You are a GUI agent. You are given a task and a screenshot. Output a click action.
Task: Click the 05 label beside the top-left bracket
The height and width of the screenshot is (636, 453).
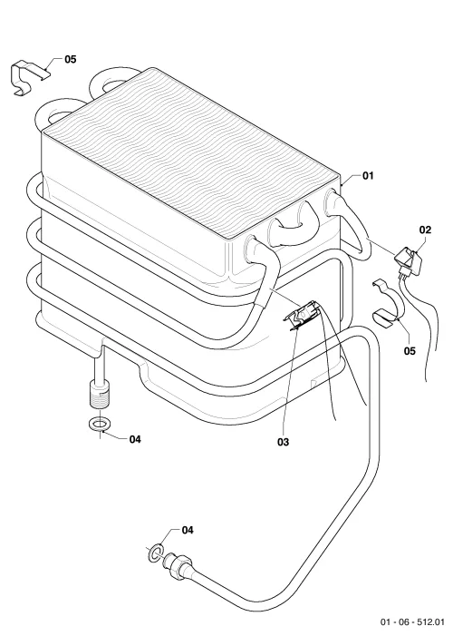click(x=70, y=59)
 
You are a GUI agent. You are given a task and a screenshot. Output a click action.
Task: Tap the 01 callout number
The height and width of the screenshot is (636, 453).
click(x=368, y=176)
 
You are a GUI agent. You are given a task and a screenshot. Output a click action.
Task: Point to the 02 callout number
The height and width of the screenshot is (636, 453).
click(x=425, y=230)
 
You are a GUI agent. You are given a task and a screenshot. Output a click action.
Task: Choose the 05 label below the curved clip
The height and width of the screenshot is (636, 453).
click(x=410, y=351)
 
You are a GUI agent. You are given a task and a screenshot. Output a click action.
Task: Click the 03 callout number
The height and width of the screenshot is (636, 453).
click(x=284, y=442)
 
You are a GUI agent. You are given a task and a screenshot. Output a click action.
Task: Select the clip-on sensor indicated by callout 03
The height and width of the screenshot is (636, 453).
click(x=304, y=315)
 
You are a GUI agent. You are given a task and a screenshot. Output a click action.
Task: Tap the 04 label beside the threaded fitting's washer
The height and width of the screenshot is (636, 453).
click(x=135, y=439)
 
